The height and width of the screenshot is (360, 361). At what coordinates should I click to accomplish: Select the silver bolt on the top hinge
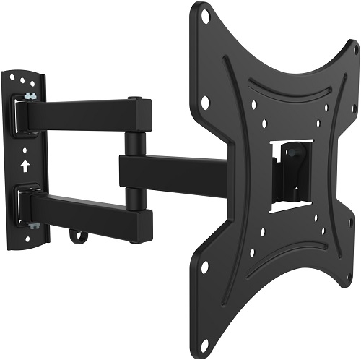click(30, 96)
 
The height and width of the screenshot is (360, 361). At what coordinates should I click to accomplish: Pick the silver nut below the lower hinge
click(32, 226)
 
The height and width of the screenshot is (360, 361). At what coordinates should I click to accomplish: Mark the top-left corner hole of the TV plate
click(204, 15)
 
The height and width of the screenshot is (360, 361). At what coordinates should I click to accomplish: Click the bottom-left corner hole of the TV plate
click(204, 267)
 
